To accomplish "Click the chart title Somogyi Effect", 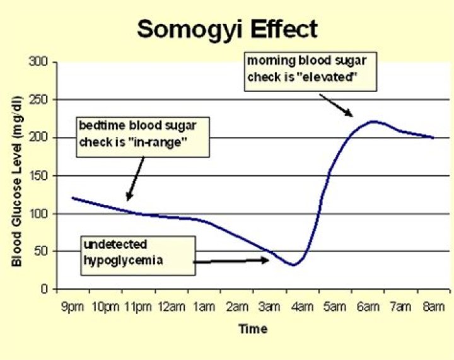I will (227, 28).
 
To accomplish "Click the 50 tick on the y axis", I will (43, 252).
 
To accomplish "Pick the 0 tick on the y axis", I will (45, 289).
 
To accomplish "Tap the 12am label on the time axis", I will (172, 308).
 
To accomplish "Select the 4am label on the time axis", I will (303, 308).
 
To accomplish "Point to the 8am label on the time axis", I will (434, 308).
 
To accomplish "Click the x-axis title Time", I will (252, 329).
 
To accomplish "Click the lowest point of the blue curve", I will (293, 265).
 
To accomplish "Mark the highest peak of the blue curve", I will (373, 121).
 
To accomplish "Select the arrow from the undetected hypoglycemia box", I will (230, 260).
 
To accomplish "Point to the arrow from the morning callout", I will (335, 105).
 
